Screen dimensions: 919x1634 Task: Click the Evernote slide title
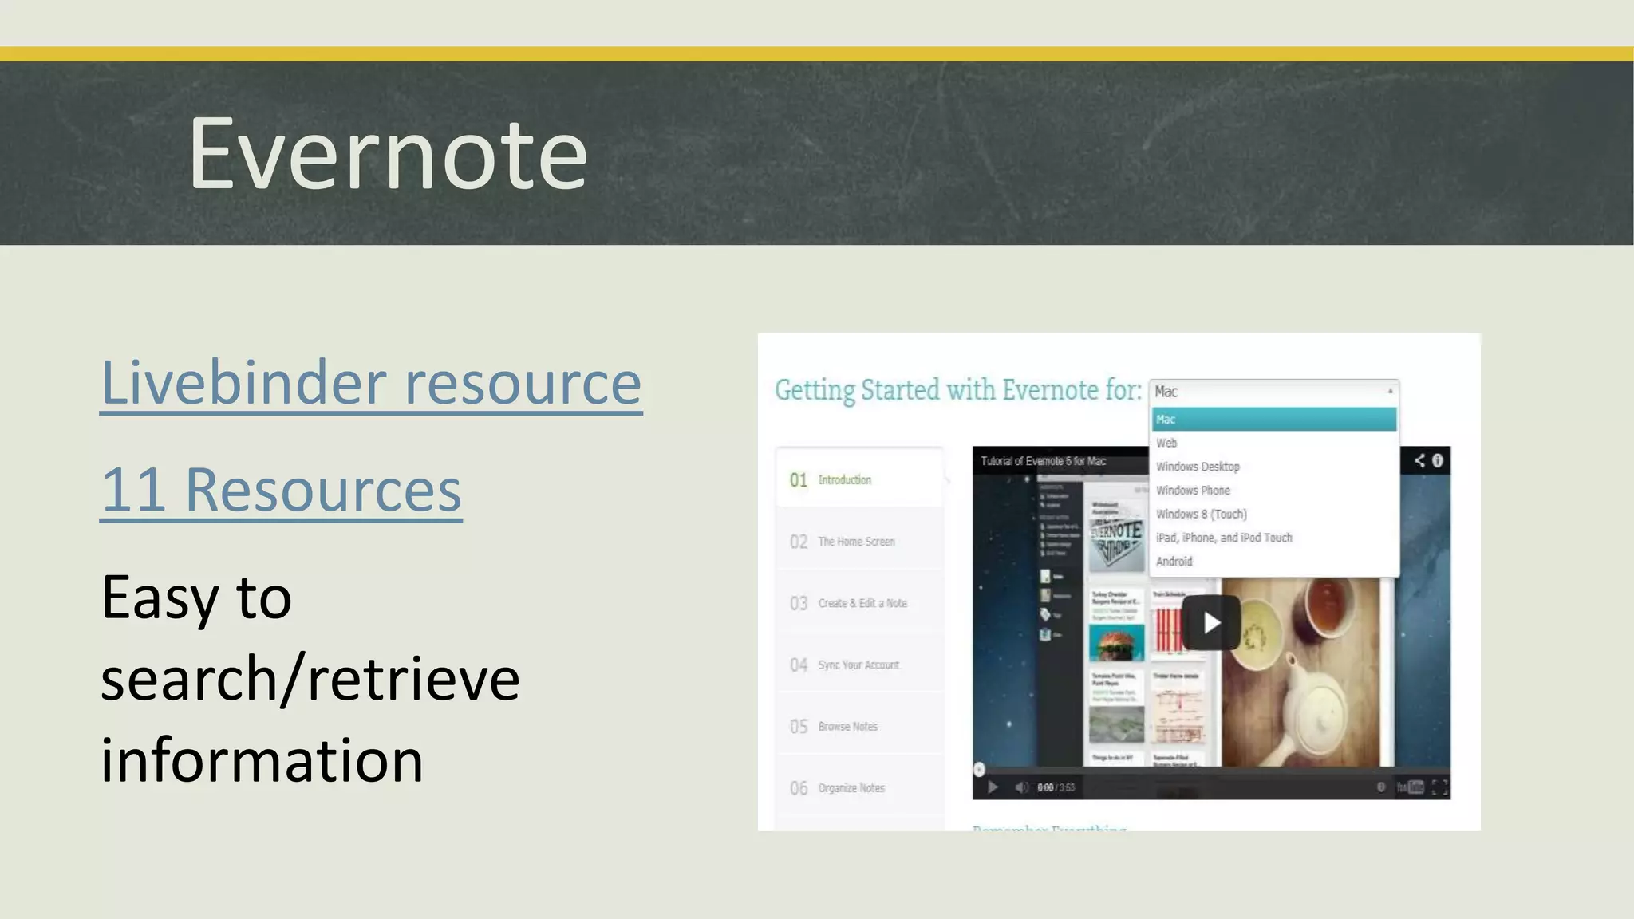(388, 153)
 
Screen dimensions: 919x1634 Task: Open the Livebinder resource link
(371, 384)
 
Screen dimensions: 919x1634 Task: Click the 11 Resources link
(281, 490)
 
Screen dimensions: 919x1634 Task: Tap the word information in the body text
(262, 760)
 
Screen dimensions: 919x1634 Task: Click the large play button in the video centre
(1211, 622)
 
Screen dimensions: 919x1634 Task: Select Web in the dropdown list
(1166, 443)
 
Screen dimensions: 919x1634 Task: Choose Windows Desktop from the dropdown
(1198, 467)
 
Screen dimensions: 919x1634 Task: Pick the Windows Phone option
(1193, 491)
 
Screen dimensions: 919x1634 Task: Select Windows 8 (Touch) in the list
(1201, 515)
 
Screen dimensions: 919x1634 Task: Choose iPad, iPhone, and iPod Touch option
(1224, 538)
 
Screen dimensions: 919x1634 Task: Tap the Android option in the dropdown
(1174, 562)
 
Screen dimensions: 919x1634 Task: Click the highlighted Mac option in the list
(1273, 420)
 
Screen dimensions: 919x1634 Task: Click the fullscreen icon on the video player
(1439, 787)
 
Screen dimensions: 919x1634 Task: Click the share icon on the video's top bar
(1419, 460)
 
